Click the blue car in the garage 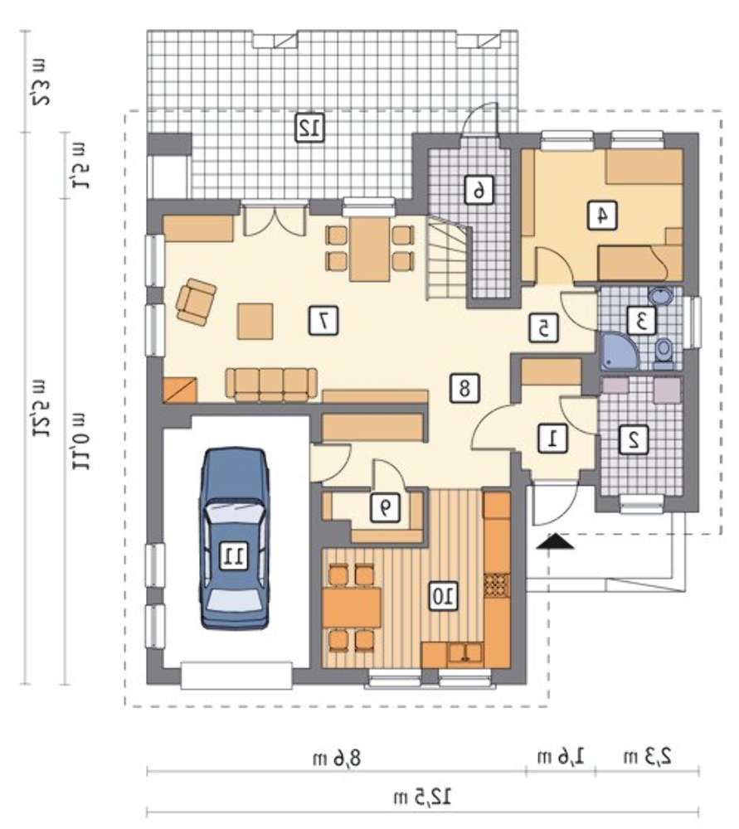[235, 538]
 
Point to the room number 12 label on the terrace [309, 128]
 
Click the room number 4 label [602, 216]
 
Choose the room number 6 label [479, 190]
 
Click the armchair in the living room [197, 302]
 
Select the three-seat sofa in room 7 [271, 385]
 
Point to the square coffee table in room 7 [255, 321]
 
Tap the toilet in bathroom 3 [663, 354]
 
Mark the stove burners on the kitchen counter [497, 585]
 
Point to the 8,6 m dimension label [337, 759]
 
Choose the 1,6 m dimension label [561, 757]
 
